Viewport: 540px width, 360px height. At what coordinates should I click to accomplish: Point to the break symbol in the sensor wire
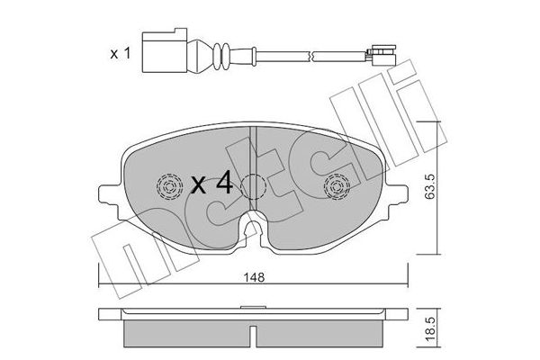click(x=310, y=55)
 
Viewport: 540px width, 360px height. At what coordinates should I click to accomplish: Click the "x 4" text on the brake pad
click(x=212, y=185)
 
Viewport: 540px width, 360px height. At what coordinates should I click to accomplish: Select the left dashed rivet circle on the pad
click(x=167, y=187)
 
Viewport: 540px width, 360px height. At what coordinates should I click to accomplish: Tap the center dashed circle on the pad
click(x=253, y=187)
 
